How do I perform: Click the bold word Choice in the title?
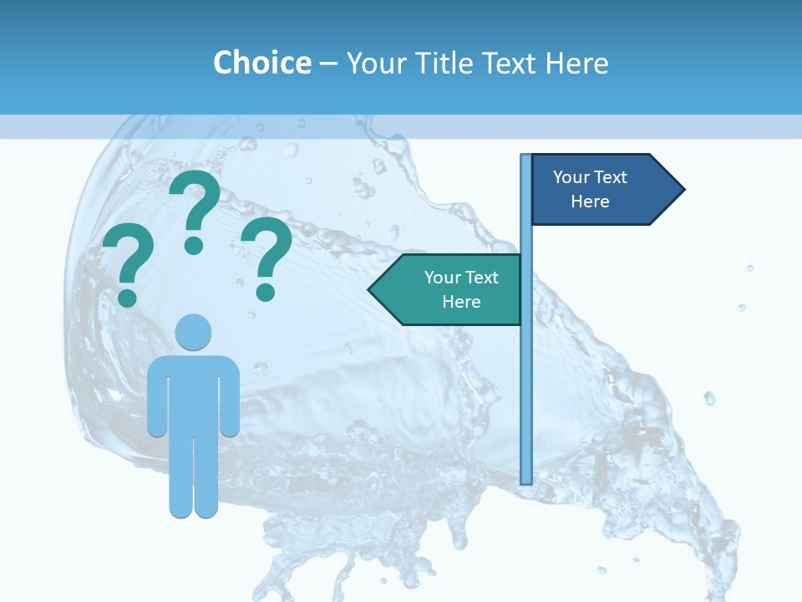261,63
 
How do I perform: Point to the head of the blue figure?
193,332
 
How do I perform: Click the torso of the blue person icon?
193,393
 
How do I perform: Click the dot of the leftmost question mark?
127,297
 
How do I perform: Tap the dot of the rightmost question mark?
266,291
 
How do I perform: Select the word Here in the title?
577,63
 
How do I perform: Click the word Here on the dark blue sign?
590,202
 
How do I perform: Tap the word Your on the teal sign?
441,278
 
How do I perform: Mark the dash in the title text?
328,64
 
